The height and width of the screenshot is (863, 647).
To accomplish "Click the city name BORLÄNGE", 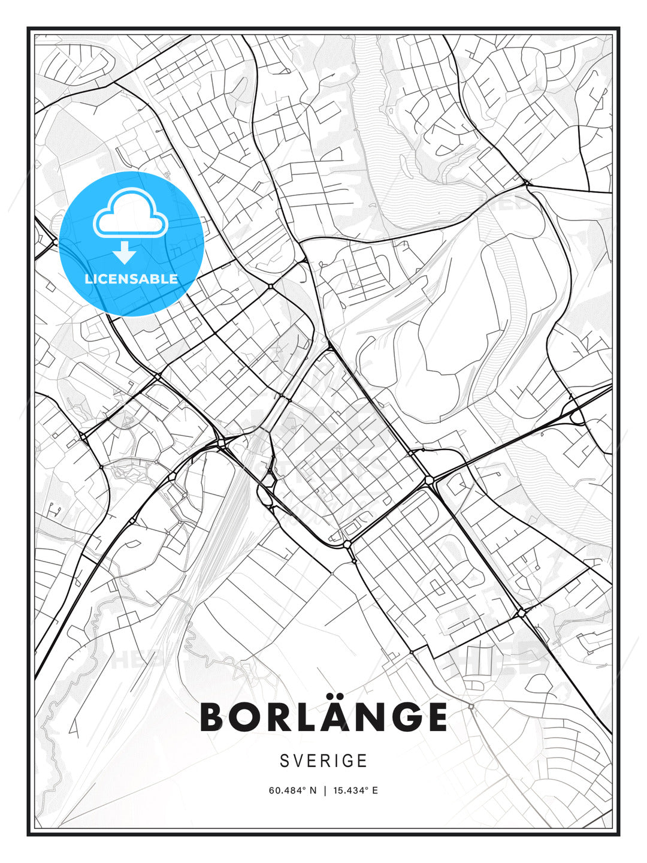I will pyautogui.click(x=323, y=717).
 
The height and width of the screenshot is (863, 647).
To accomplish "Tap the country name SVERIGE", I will pyautogui.click(x=323, y=761).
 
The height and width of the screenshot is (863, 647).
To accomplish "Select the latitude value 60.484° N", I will pyautogui.click(x=292, y=790).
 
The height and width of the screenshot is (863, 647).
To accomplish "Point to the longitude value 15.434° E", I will pyautogui.click(x=355, y=790).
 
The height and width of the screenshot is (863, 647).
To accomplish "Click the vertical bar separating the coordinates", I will pyautogui.click(x=324, y=790).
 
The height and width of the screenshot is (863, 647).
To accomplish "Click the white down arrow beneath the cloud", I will pyautogui.click(x=124, y=253).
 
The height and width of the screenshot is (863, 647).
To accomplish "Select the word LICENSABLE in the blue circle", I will pyautogui.click(x=131, y=279).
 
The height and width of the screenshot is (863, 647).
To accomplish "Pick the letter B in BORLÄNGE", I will pyautogui.click(x=213, y=717).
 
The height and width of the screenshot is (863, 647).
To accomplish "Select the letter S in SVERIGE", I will pyautogui.click(x=285, y=761).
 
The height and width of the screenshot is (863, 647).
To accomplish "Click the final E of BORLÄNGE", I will pyautogui.click(x=435, y=717).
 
